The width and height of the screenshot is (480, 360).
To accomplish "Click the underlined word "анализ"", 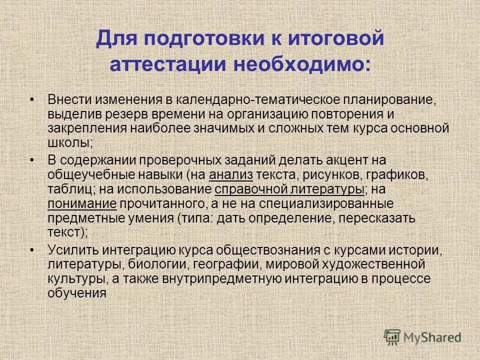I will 232,175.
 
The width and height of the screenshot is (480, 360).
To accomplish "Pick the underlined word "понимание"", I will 82,203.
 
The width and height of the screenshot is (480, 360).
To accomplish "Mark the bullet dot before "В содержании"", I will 32,160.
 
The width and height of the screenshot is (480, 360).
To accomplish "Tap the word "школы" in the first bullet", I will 69,142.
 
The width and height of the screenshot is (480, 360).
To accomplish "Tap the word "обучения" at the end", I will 77,292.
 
